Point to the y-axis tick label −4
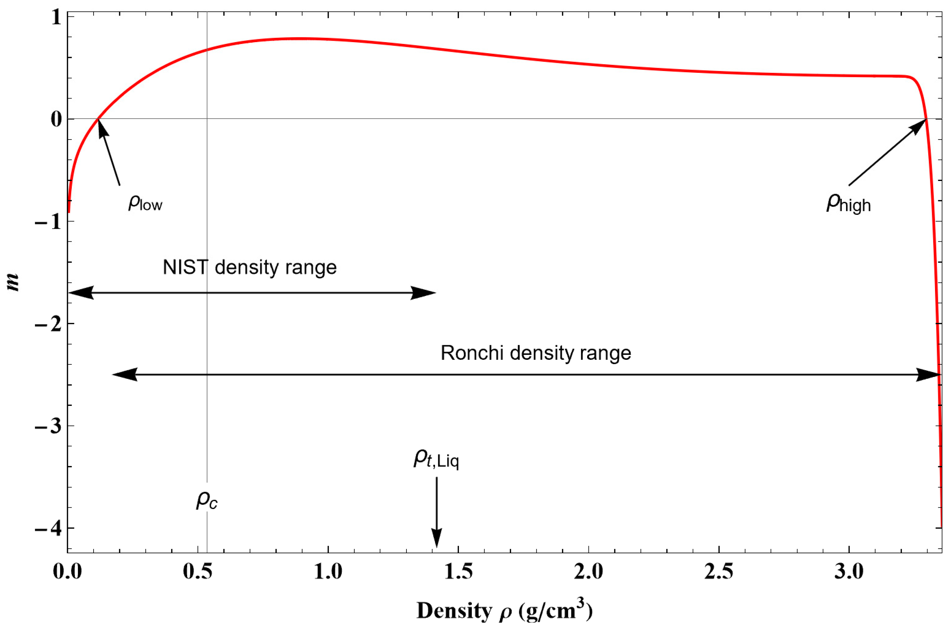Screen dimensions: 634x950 [49, 528]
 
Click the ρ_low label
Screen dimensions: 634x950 [145, 202]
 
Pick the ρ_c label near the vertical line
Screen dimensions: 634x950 [207, 501]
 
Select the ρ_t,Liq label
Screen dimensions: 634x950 [436, 459]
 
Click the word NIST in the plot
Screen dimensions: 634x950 [185, 267]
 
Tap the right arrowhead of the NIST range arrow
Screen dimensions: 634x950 [424, 293]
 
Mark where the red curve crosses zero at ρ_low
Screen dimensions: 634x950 [98, 119]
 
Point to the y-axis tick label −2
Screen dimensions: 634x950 [49, 324]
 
